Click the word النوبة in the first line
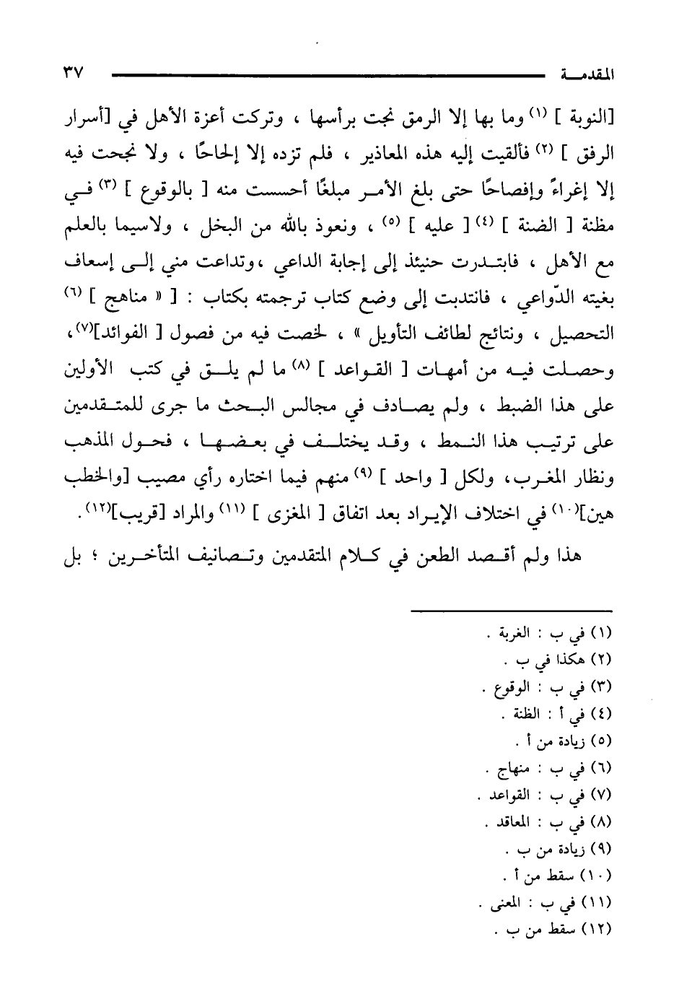pos(591,118)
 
